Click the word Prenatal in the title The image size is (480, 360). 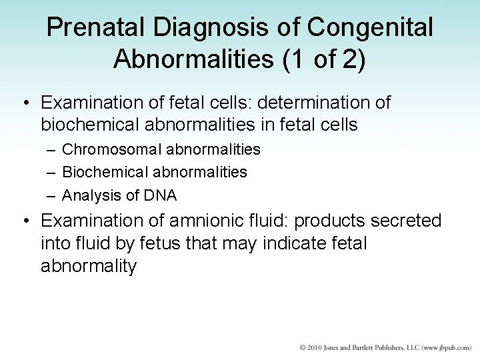pos(89,27)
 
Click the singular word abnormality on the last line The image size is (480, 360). pos(88,266)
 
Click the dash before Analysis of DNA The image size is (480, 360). pos(51,195)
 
